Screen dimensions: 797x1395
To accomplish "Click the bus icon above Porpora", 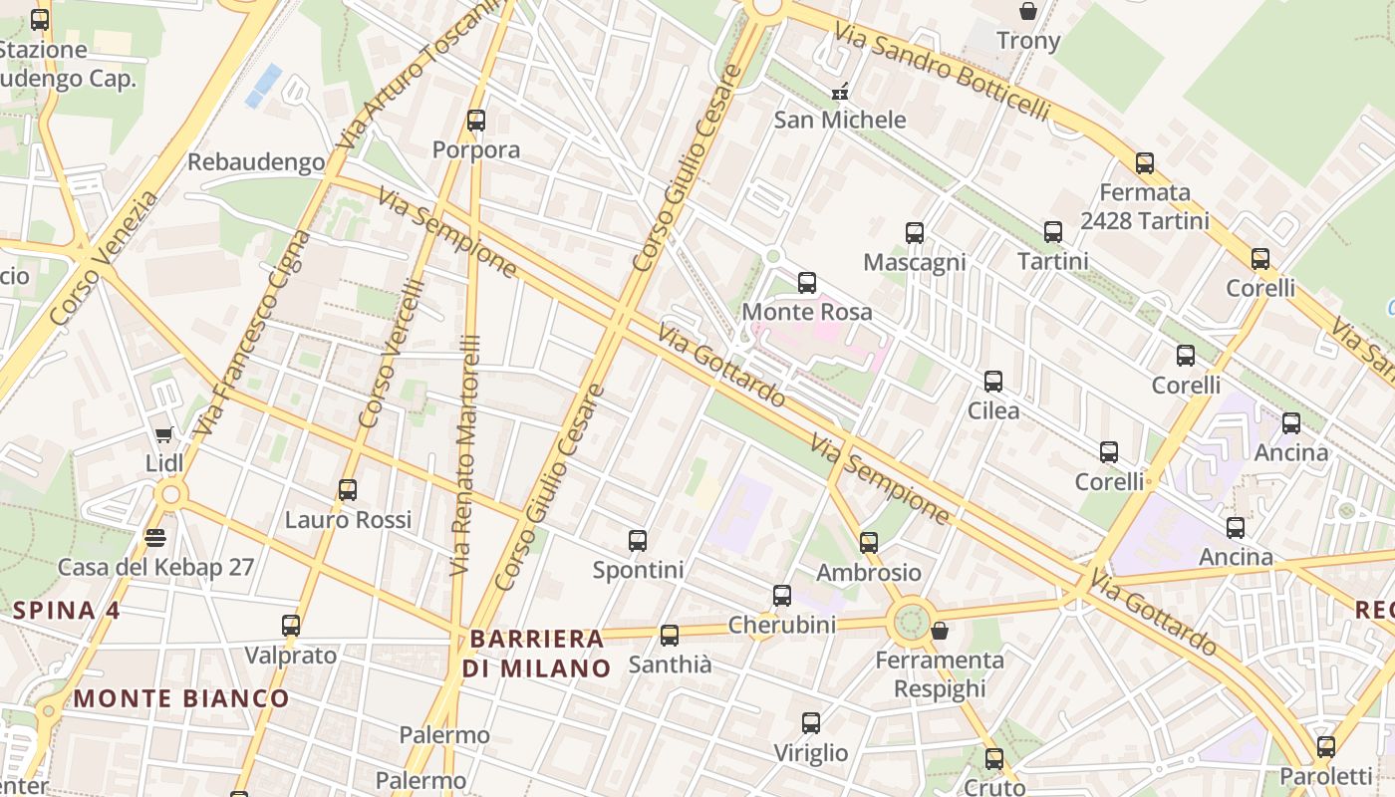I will click(x=476, y=121).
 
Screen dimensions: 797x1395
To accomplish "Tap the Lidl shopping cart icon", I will click(x=164, y=434).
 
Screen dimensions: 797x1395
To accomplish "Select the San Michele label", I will click(x=840, y=120).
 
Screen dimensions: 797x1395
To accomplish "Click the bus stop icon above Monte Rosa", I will click(x=807, y=283).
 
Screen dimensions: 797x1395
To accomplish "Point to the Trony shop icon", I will click(x=1027, y=12).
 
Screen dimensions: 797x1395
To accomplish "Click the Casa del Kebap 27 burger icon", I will click(x=154, y=538).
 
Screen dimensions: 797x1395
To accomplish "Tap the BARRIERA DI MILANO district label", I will click(x=538, y=654).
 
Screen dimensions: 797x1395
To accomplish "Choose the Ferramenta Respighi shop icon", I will click(x=939, y=631).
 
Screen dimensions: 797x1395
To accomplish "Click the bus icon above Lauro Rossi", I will click(x=348, y=490).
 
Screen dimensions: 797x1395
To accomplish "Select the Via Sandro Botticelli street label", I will click(x=942, y=72).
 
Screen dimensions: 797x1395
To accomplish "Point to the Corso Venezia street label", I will click(x=104, y=258).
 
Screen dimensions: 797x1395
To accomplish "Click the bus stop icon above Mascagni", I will click(x=915, y=233).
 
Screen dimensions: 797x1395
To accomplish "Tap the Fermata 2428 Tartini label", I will click(x=1145, y=206).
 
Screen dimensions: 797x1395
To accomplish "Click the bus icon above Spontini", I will click(x=638, y=541).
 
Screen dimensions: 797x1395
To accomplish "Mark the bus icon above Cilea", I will click(x=993, y=382).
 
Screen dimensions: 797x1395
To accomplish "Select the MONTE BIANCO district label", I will click(x=181, y=698).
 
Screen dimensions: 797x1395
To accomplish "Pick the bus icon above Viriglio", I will click(x=811, y=723).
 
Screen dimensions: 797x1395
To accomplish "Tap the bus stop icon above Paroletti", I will click(x=1326, y=747).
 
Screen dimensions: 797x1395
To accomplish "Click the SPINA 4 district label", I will click(x=67, y=611).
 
